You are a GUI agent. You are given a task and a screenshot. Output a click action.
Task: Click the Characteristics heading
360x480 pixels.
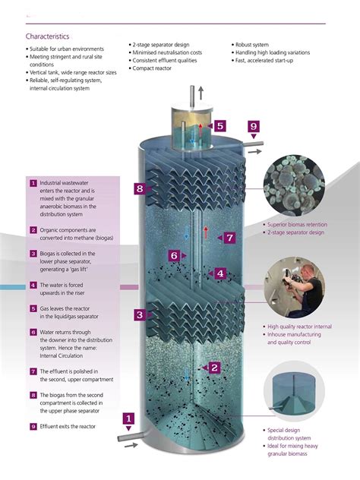[x=47, y=36]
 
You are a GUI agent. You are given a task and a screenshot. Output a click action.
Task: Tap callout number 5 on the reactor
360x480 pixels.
[x=220, y=125]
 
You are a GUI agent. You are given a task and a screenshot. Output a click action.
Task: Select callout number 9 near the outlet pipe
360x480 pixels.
[x=253, y=126]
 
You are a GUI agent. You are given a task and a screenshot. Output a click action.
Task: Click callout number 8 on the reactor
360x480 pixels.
[x=140, y=188]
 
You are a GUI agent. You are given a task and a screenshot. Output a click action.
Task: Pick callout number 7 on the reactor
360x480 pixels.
[x=229, y=238]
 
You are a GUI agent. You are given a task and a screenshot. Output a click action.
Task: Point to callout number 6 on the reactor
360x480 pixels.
[x=174, y=256]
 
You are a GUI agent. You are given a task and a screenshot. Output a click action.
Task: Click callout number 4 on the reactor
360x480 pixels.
[x=220, y=273]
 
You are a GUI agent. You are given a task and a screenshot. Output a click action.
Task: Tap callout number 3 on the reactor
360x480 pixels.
[x=140, y=314]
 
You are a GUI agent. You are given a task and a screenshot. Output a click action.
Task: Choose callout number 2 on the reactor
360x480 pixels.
[x=214, y=368]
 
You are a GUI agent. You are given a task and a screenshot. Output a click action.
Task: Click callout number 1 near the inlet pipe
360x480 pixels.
[x=128, y=418]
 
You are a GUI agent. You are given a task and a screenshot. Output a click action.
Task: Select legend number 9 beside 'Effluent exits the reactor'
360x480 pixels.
[x=33, y=426]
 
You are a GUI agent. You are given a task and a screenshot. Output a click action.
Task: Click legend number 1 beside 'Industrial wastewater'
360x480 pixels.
[x=33, y=183]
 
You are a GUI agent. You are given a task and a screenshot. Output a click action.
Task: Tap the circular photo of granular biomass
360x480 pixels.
[x=294, y=185]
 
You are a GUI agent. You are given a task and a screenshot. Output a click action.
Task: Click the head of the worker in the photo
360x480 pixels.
[x=306, y=272]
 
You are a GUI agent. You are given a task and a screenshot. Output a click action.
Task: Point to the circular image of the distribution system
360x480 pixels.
[x=294, y=391]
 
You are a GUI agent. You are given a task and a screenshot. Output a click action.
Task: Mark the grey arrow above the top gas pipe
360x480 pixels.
[x=201, y=93]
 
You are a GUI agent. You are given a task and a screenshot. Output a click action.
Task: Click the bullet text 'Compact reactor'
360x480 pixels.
[x=152, y=68]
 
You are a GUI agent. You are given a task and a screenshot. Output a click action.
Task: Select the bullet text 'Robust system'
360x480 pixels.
[x=252, y=45]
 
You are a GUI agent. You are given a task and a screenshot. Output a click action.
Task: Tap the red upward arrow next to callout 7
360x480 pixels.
[x=206, y=232]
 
